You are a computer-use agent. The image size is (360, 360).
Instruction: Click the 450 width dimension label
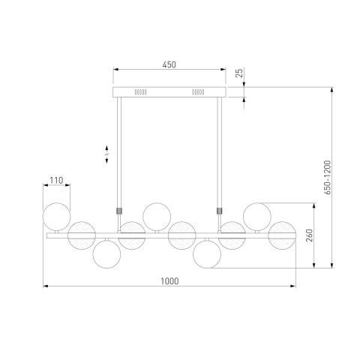click(x=169, y=64)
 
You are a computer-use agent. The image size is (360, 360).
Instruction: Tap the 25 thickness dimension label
click(x=239, y=73)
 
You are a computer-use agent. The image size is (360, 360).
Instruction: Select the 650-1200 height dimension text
click(x=327, y=178)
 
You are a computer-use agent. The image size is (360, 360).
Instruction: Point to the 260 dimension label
click(x=310, y=235)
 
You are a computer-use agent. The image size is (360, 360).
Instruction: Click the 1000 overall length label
click(x=169, y=281)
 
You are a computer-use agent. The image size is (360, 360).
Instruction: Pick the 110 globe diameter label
click(x=56, y=180)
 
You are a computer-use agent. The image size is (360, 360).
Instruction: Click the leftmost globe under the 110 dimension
click(x=56, y=217)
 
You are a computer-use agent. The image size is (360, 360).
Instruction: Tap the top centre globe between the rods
click(x=157, y=217)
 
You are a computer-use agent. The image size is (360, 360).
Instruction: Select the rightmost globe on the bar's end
click(x=282, y=235)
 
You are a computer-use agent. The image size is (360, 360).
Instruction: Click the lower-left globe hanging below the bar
click(x=106, y=254)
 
